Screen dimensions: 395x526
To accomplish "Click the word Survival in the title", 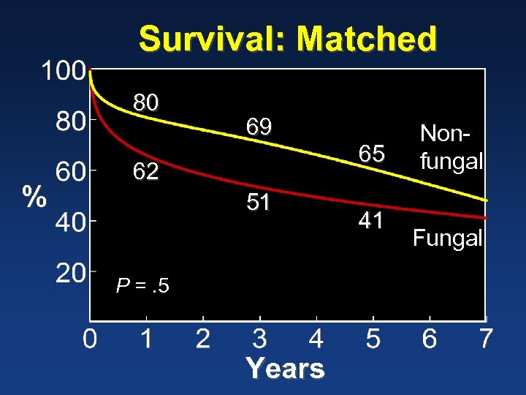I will (213, 39).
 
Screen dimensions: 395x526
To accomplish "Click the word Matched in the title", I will (367, 39).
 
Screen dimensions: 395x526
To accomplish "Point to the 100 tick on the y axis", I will (62, 71).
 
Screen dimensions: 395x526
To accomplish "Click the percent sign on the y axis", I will (33, 197).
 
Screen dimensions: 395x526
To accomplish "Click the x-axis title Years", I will (285, 368).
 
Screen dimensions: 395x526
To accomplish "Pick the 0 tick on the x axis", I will (89, 339).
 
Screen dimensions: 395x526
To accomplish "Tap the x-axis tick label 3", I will (259, 339).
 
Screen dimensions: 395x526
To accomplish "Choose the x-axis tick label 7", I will (486, 339).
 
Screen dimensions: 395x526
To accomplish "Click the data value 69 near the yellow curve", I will (259, 127).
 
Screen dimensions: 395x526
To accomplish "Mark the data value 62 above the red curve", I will (145, 172).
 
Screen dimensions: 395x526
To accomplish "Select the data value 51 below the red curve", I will (259, 203).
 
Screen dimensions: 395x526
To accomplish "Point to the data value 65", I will (371, 154).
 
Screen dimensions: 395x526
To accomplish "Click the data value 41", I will (371, 220).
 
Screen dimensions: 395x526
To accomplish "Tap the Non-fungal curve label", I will (451, 147).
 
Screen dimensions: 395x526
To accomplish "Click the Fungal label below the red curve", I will (447, 238).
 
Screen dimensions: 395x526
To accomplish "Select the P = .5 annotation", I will (142, 285).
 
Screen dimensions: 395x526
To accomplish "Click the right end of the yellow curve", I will (485, 200).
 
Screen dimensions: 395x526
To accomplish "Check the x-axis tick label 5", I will (373, 339).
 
